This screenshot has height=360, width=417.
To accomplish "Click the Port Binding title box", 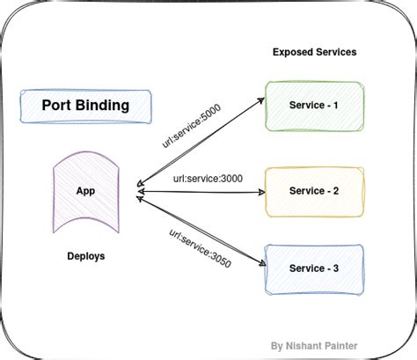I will pyautogui.click(x=85, y=106).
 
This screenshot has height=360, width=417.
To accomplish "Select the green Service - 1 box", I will pyautogui.click(x=313, y=106).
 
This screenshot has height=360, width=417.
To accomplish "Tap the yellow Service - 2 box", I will pyautogui.click(x=313, y=191).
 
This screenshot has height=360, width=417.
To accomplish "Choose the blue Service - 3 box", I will pyautogui.click(x=313, y=268).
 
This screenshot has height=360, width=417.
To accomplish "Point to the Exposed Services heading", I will pyautogui.click(x=314, y=52).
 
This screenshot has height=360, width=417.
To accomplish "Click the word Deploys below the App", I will pyautogui.click(x=85, y=256).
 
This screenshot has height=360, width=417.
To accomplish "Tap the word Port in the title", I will pyautogui.click(x=55, y=106).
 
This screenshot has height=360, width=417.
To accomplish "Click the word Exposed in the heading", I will pyautogui.click(x=292, y=52).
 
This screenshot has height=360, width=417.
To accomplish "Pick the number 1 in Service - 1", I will pyautogui.click(x=335, y=106).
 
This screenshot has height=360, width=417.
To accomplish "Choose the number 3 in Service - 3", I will pyautogui.click(x=335, y=268).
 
